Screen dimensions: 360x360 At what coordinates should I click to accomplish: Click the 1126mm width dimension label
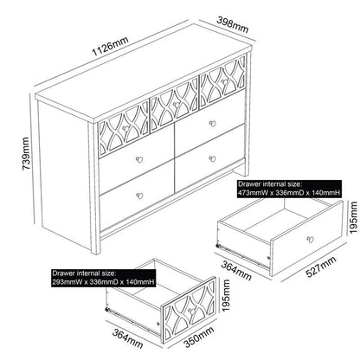110,47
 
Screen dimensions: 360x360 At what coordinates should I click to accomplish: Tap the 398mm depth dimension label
233,24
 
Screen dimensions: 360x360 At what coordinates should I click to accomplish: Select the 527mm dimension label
321,267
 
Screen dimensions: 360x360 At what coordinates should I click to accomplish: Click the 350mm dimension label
199,337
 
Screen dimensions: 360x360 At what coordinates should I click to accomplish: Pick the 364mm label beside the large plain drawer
236,270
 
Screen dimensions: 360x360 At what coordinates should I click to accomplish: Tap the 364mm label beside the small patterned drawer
127,339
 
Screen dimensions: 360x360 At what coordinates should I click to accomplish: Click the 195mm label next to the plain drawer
353,218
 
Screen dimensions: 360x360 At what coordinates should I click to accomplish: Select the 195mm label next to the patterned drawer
226,295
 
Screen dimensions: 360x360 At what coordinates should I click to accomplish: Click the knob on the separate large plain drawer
310,239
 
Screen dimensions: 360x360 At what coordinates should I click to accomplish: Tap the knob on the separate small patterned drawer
190,310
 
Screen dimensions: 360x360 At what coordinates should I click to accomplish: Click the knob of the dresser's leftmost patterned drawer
125,126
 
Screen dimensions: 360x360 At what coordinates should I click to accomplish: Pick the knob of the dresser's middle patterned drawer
176,105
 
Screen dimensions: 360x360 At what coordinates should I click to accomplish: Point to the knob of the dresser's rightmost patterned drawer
224,82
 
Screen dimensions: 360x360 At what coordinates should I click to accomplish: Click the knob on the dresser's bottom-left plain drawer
139,196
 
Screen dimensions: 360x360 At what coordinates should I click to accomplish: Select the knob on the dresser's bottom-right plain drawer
213,158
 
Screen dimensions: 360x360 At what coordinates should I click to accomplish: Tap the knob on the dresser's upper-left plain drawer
139,159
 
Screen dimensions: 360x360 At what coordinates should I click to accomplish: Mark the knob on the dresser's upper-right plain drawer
213,124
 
